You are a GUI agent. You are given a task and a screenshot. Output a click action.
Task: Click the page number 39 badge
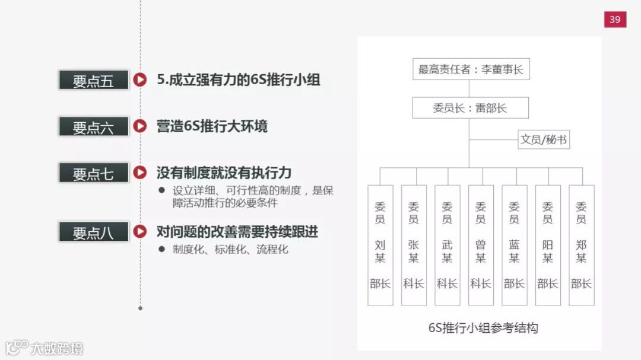click(615, 20)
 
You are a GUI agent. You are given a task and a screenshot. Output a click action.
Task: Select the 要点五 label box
click(94, 80)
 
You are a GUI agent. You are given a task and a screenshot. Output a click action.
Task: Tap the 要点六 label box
click(94, 126)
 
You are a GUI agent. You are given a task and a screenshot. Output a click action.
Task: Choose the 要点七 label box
click(94, 173)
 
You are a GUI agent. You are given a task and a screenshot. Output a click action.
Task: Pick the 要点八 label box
click(94, 232)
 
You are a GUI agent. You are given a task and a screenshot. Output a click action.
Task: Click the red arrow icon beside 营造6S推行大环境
click(139, 126)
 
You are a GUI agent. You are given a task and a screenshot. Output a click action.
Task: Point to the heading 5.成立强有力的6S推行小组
click(239, 79)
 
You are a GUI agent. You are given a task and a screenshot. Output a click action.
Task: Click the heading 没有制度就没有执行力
click(224, 173)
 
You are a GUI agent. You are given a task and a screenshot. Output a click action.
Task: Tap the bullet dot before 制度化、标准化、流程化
click(161, 249)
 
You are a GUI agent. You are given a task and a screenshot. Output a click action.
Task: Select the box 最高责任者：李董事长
click(471, 69)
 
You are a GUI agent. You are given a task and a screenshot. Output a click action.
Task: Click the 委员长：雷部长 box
click(470, 108)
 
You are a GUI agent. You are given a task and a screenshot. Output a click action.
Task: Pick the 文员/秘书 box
click(543, 140)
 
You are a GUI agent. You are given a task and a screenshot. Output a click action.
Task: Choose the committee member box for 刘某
click(380, 245)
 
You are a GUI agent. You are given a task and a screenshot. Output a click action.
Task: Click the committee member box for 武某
click(447, 245)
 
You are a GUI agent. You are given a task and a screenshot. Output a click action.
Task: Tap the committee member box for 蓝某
click(514, 245)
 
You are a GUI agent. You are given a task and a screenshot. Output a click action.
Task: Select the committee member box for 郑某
click(581, 245)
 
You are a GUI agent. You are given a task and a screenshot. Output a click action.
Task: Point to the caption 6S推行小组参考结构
click(483, 327)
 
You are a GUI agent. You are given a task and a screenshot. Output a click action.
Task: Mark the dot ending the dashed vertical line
click(140, 308)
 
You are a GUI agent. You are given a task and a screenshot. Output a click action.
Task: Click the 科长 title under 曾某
click(481, 283)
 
